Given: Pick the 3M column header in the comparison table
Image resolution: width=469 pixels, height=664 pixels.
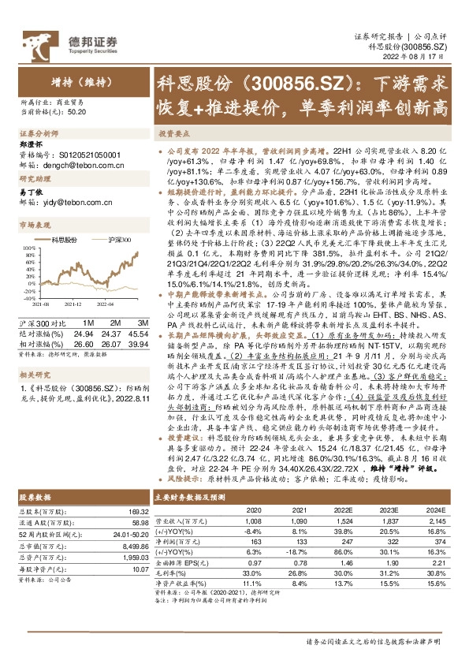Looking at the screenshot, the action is (x=143, y=325).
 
